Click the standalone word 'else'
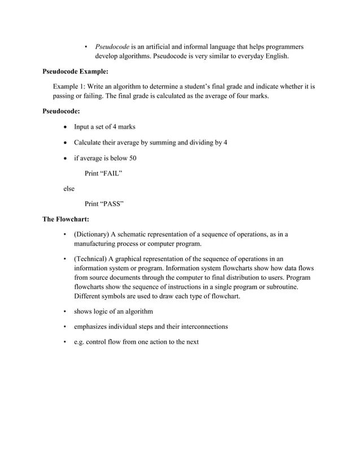tap(68, 189)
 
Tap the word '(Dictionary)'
tap(91, 234)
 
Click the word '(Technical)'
tap(90, 259)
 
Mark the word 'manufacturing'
tap(97, 244)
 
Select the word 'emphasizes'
tap(92, 327)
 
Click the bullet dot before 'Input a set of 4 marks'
tap(67, 127)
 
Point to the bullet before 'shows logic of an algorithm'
tap(66, 311)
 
